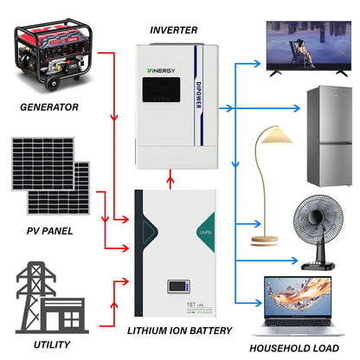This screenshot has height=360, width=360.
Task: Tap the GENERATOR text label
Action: point(49,107)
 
